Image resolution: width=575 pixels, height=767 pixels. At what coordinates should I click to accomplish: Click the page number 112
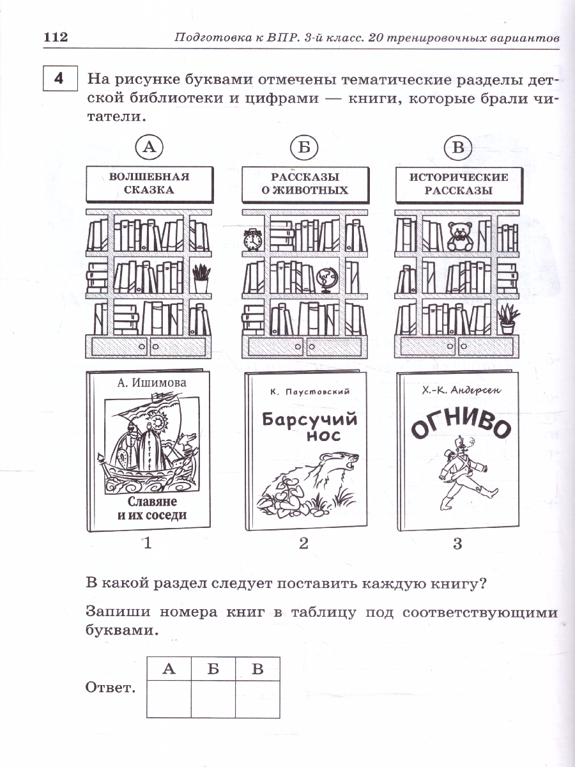(55, 37)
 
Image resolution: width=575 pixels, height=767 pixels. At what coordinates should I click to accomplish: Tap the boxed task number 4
(59, 80)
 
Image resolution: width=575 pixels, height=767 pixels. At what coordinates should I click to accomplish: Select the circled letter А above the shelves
(149, 148)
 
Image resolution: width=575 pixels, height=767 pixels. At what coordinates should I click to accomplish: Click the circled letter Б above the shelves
(303, 148)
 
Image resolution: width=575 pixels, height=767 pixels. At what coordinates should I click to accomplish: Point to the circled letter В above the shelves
(457, 148)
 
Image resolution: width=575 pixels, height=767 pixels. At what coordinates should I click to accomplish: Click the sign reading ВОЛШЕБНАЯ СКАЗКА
(149, 183)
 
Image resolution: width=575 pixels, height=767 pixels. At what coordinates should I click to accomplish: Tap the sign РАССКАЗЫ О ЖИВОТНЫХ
(305, 183)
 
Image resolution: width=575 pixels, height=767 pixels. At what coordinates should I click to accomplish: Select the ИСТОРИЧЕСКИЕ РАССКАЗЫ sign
(459, 183)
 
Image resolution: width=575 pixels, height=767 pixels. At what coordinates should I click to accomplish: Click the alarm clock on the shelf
(253, 240)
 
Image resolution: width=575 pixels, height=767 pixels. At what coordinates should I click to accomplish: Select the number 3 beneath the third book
(457, 544)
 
